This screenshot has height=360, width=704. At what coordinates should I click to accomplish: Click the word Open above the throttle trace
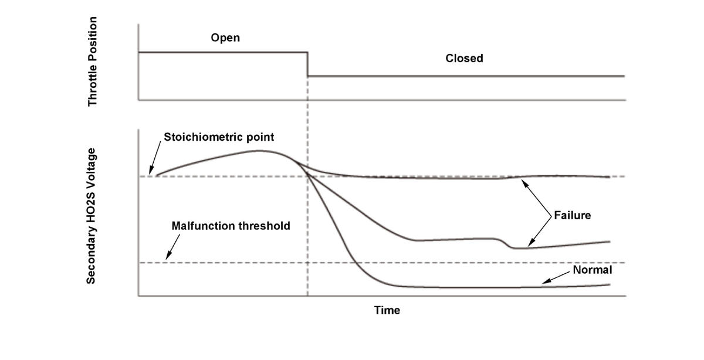tap(226, 38)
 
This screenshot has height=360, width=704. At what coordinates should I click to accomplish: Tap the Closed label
tap(464, 58)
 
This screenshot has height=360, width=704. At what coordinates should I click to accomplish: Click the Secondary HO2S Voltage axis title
tap(91, 216)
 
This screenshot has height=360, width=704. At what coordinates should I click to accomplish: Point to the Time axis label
tap(387, 310)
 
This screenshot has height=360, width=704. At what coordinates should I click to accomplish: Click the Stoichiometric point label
tap(219, 137)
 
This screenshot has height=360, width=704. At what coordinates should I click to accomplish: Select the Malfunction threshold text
tap(231, 226)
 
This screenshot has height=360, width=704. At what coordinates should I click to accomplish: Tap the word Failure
tap(572, 215)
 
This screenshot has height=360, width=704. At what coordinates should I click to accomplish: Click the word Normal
tap(593, 270)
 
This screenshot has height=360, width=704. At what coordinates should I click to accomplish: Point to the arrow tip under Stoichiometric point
tap(151, 174)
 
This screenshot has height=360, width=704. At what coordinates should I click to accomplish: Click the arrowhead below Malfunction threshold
tap(167, 258)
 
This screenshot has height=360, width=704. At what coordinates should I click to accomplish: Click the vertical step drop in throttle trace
tap(307, 64)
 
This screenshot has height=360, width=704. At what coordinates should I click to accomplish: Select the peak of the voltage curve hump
tap(258, 151)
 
